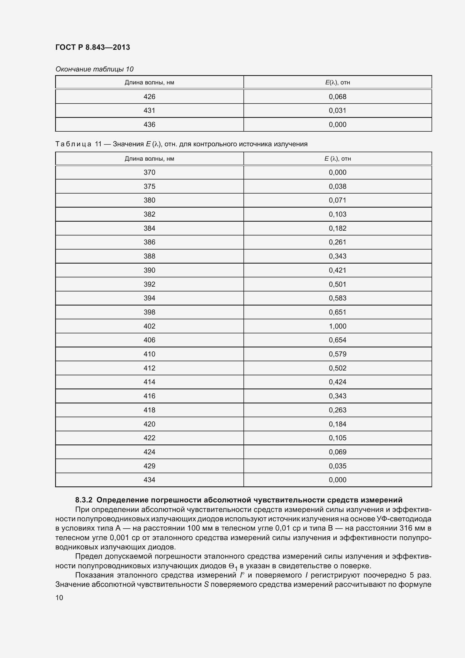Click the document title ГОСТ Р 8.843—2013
point(92,47)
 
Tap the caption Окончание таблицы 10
point(94,69)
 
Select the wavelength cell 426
point(149,96)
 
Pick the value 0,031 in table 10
point(337,110)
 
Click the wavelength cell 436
point(149,124)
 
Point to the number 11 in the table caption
point(98,144)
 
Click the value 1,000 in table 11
point(337,326)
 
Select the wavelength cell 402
point(149,326)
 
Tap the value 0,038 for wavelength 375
point(337,186)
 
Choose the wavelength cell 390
point(149,270)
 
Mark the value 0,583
point(337,298)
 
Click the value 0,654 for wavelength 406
point(337,340)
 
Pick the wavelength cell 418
point(149,410)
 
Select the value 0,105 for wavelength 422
point(337,438)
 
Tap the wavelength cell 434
point(149,480)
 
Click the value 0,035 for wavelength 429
point(337,466)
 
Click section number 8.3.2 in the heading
point(83,500)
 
